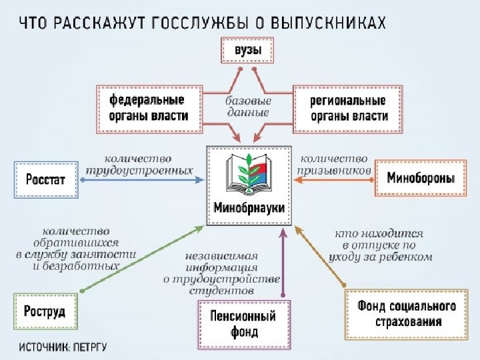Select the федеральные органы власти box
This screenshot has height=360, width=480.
click(147, 107)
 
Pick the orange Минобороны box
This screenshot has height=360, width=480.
click(421, 178)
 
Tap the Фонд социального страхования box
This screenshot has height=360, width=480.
click(407, 314)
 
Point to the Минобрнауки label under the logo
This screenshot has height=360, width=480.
click(249, 207)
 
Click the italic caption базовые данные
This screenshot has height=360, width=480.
click(247, 107)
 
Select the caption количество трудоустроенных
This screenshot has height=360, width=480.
click(138, 164)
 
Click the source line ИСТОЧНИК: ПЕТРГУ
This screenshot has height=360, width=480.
click(63, 347)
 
